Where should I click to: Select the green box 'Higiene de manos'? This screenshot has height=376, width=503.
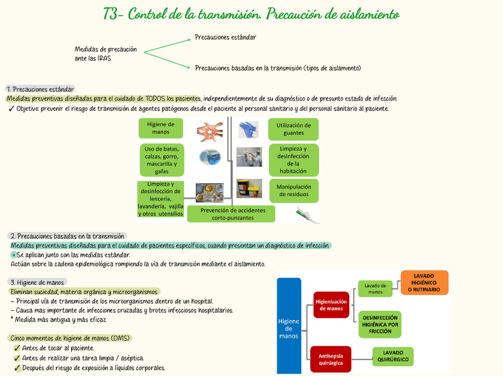click(160, 128)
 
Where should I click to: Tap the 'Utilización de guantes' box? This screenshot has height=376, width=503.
click(293, 129)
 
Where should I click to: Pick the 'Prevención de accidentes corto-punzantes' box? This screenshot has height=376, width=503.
click(232, 214)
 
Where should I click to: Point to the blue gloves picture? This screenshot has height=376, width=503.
click(248, 128)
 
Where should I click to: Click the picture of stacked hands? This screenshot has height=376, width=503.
click(209, 131)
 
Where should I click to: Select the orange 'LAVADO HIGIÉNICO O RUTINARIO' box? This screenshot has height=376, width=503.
click(424, 282)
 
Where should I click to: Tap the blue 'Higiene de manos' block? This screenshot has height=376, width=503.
click(289, 326)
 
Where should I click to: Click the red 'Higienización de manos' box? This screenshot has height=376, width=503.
click(331, 304)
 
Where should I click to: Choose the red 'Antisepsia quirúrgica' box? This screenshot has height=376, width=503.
click(330, 359)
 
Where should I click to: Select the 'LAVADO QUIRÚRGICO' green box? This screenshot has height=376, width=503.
click(393, 356)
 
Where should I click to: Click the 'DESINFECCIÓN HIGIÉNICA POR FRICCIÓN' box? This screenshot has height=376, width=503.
click(380, 324)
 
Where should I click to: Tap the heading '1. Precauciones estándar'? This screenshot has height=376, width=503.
click(40, 89)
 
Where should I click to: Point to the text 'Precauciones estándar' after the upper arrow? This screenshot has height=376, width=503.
click(225, 37)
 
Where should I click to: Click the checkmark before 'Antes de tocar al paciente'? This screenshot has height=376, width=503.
click(17, 348)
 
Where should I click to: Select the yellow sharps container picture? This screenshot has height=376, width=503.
click(249, 188)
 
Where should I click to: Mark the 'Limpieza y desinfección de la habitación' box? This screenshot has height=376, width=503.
click(293, 159)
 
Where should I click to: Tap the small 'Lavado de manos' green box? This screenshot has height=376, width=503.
click(375, 289)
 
